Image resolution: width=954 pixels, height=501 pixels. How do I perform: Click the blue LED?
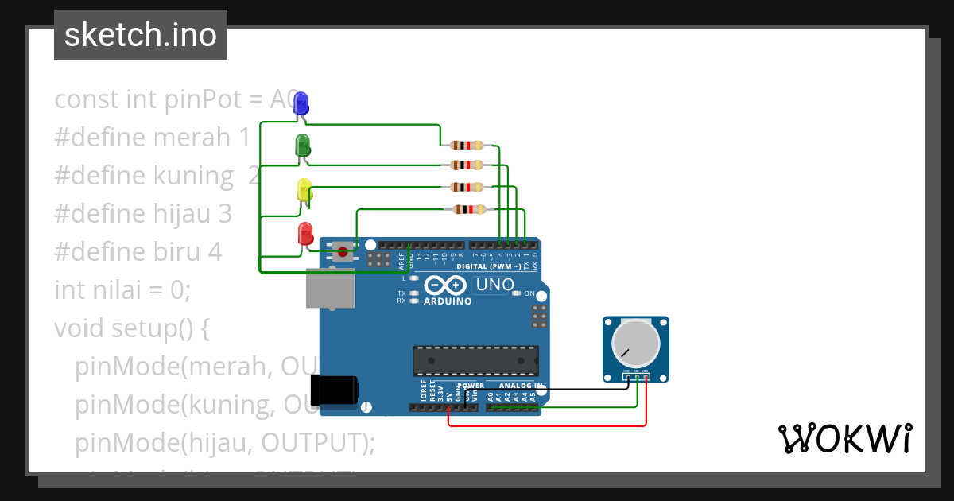click(301, 103)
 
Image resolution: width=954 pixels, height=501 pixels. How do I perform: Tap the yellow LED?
click(304, 190)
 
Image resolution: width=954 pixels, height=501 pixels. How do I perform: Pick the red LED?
click(305, 234)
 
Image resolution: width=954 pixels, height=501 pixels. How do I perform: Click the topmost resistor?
click(467, 146)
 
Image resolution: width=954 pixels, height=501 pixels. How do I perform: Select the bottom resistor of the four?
click(468, 209)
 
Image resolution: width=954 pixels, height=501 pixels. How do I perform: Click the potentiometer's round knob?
click(636, 343)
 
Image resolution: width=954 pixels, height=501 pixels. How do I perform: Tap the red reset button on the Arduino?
click(343, 252)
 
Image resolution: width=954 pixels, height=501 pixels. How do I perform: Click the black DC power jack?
click(335, 389)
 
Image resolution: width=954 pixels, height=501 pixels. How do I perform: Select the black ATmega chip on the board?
click(475, 360)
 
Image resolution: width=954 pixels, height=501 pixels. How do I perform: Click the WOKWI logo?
click(844, 439)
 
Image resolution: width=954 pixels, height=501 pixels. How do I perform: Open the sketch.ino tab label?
click(141, 35)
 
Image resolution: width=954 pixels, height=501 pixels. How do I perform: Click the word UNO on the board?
click(494, 285)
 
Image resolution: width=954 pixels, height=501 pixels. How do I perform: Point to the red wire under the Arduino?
click(549, 425)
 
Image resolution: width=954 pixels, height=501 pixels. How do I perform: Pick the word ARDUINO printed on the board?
click(448, 301)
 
